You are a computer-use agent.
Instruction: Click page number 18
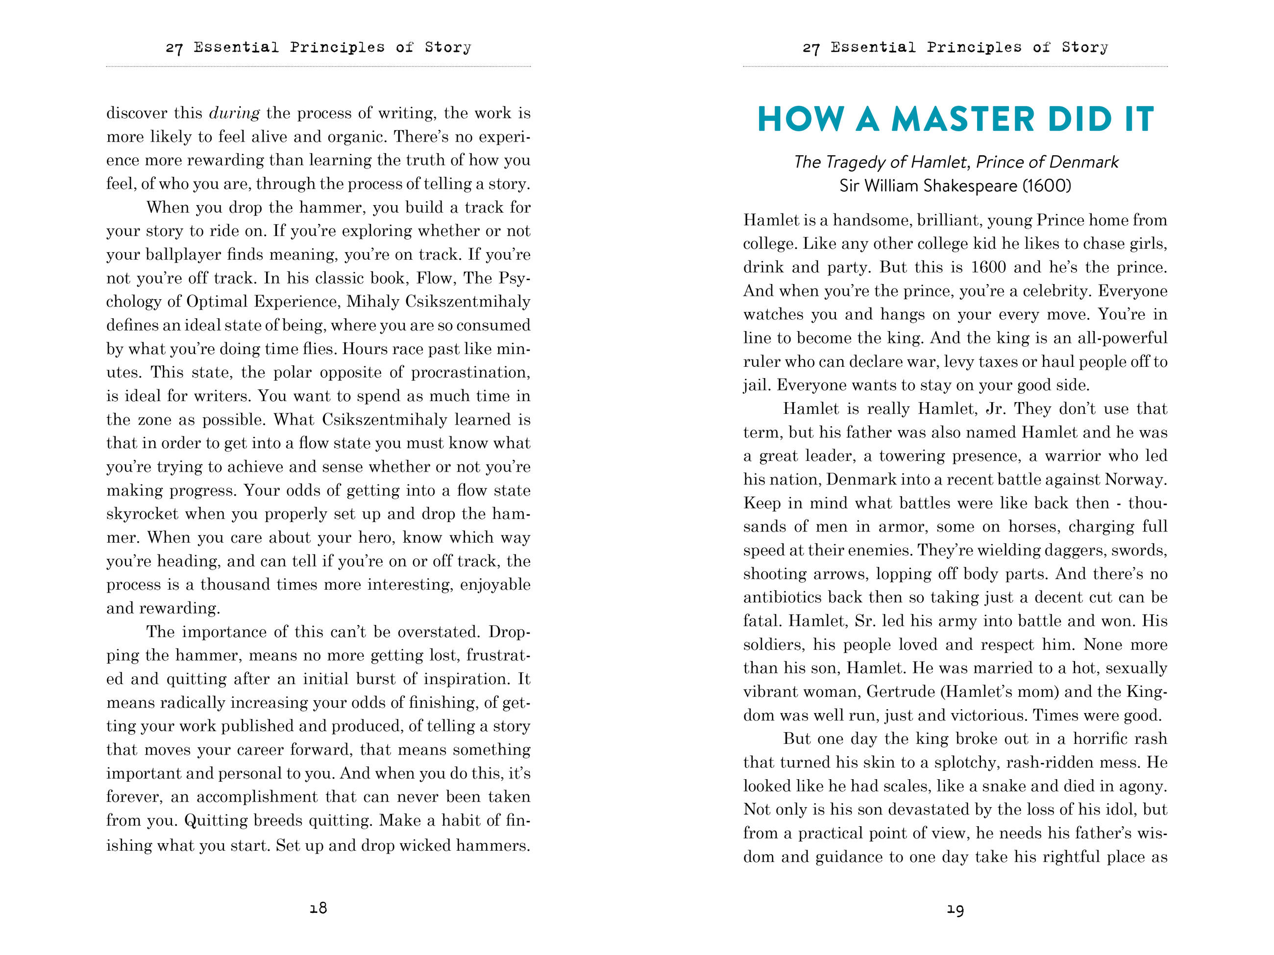tap(318, 908)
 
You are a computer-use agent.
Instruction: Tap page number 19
tap(955, 909)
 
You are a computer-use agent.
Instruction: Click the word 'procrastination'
tap(470, 372)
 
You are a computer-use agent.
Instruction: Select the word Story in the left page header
tap(447, 47)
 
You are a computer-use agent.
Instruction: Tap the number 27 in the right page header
tap(811, 48)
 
